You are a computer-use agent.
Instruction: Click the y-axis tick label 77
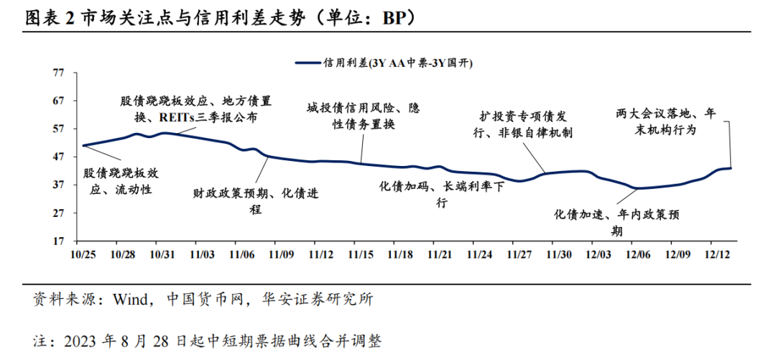click(x=59, y=73)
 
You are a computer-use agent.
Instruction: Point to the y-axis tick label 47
click(x=59, y=157)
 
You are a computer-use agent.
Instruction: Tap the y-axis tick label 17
click(x=59, y=241)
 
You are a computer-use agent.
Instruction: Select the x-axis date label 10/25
click(x=84, y=254)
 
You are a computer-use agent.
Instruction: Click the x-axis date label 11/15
click(x=360, y=254)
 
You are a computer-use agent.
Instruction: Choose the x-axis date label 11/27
click(x=518, y=254)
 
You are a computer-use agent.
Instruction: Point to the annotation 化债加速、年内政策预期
click(x=617, y=223)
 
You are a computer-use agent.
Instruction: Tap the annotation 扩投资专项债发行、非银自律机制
click(x=527, y=124)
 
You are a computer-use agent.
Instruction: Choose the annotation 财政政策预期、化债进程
click(x=256, y=201)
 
